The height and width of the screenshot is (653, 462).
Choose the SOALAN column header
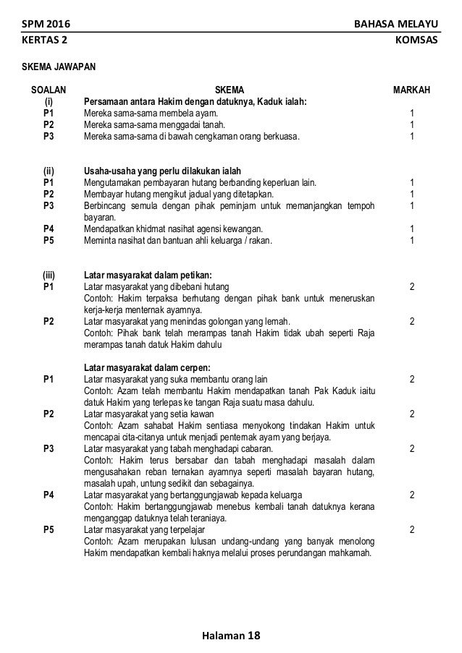(49, 90)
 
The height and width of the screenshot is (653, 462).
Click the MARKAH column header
(411, 90)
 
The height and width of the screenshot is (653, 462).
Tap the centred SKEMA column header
(230, 90)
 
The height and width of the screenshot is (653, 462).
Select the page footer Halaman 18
(230, 636)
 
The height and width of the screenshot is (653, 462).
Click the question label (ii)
(49, 171)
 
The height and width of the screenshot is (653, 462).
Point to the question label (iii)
(49, 275)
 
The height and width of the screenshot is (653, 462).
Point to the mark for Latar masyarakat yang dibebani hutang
(412, 287)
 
